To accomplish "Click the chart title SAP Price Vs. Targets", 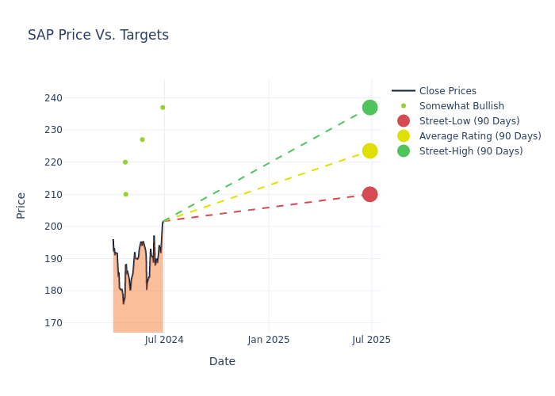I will click(x=98, y=35).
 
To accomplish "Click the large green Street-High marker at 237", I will click(x=369, y=107).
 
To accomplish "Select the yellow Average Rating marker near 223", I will click(x=369, y=150).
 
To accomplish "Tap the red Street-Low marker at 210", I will click(x=369, y=194).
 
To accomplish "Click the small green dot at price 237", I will click(x=163, y=108).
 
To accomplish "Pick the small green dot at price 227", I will click(x=142, y=139).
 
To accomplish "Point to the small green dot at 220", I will click(x=124, y=162).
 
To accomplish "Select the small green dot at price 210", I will click(x=125, y=194).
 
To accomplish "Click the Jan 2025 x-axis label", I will click(x=269, y=340).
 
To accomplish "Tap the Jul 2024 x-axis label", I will click(x=164, y=340).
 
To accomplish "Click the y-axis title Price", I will click(x=21, y=205).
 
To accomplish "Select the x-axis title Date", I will click(x=222, y=361).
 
